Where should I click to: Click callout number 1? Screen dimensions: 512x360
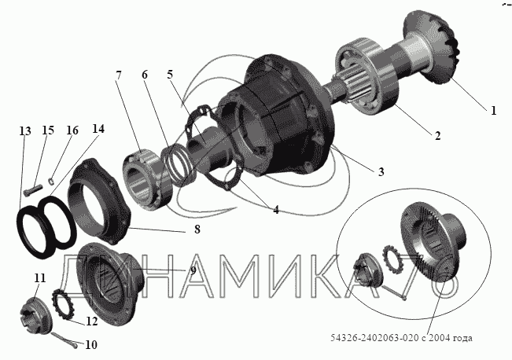493,111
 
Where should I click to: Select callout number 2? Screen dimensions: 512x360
437,135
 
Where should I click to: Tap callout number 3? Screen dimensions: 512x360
381,171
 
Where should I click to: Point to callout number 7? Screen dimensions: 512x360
118,75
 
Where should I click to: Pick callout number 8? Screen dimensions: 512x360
197,230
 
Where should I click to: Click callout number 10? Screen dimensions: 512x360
91,344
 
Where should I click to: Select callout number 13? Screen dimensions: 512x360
25,131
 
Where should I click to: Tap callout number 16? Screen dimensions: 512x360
72,130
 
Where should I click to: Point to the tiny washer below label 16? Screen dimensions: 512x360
51,181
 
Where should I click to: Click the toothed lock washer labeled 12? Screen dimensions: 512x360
63,303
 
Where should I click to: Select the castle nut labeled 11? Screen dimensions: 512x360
35,316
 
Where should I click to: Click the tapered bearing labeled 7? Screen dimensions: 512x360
148,179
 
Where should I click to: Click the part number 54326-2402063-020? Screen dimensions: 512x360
374,338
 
